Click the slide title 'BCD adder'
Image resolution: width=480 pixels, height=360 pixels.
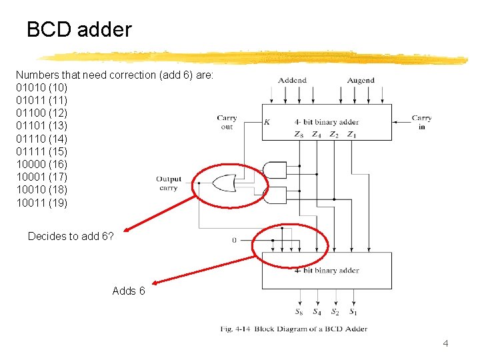(79, 30)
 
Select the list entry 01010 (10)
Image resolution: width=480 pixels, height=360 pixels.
(41, 87)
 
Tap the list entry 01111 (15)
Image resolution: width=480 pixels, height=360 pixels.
(41, 151)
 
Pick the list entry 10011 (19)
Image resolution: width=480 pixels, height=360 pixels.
(41, 203)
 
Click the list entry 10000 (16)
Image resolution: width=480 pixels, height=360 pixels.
(41, 164)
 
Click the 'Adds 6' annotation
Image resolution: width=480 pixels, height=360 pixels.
(129, 291)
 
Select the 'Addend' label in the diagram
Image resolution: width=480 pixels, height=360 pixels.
(292, 81)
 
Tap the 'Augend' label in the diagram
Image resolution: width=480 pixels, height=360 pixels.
(361, 81)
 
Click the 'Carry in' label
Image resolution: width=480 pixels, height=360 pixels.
(421, 122)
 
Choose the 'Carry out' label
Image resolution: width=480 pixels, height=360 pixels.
(227, 122)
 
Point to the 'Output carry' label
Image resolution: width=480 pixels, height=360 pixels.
(169, 183)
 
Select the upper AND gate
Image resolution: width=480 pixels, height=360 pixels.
(275, 170)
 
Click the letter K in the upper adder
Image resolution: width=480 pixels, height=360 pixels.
(267, 123)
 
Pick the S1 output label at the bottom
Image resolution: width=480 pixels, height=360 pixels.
(353, 311)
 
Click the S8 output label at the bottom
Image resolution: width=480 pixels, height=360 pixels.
(299, 311)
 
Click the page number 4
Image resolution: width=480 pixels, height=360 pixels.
(446, 344)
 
